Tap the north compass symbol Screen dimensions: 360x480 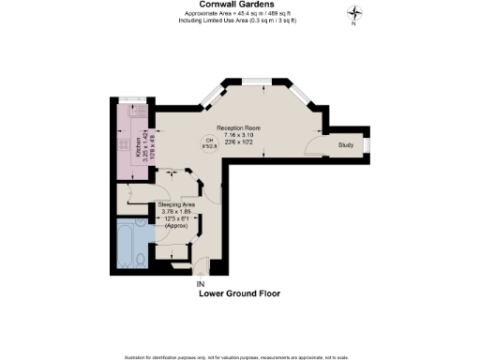[354, 13]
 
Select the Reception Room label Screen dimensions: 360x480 [238, 127]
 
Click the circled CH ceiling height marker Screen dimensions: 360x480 [209, 144]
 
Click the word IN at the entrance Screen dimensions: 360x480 [200, 284]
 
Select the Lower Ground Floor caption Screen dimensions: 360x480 [239, 293]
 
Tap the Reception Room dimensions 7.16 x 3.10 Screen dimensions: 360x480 [238, 135]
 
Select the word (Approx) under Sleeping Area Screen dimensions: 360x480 [176, 226]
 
